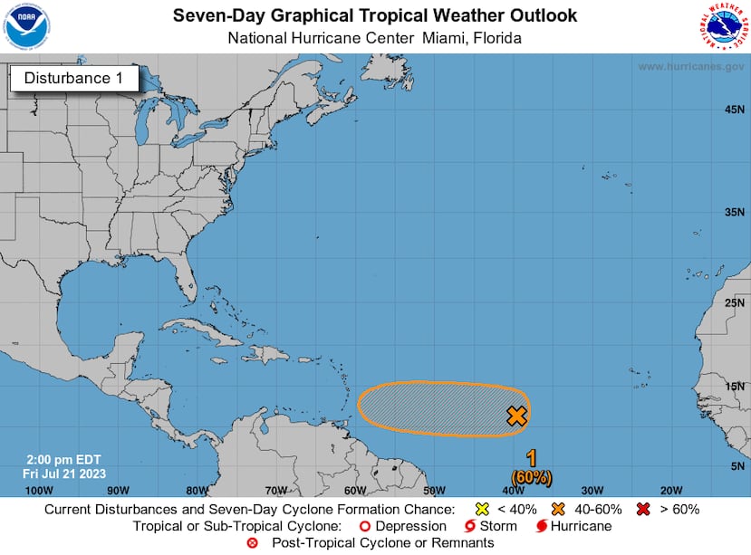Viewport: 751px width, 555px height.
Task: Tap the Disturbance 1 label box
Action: coord(73,79)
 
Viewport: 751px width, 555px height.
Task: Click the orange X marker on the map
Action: coord(516,416)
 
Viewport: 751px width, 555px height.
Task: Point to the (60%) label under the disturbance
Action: coord(531,476)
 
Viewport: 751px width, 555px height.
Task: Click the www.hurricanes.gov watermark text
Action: coord(690,67)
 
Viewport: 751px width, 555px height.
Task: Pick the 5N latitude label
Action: coord(737,465)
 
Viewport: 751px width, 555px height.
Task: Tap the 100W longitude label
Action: coord(39,490)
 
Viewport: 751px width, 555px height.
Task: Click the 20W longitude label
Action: coord(671,490)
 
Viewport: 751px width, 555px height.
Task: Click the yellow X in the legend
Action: coord(482,509)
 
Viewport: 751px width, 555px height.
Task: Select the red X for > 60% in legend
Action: coord(644,509)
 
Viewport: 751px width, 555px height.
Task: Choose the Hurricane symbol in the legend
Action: coord(541,526)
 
